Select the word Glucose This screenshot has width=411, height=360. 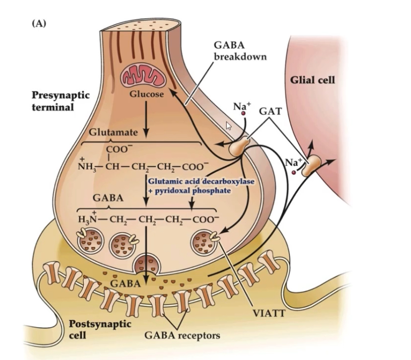[147, 94]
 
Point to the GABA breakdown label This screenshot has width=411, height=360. [240, 50]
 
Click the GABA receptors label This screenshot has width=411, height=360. [182, 335]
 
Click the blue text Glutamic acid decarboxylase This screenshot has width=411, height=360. [201, 181]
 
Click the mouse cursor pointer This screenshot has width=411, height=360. [229, 125]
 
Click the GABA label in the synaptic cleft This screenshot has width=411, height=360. [122, 284]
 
